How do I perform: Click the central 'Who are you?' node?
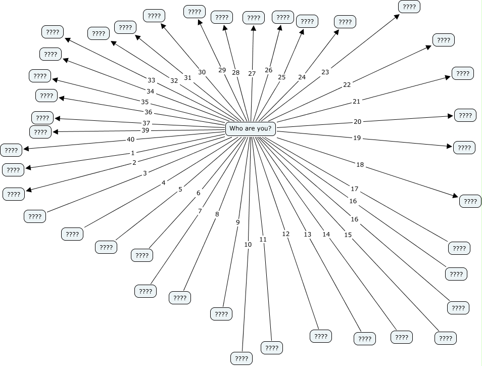(x=251, y=128)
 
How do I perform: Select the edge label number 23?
(x=325, y=72)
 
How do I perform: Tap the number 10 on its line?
(x=248, y=245)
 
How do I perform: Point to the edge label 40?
(x=130, y=140)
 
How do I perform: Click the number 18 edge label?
(x=360, y=165)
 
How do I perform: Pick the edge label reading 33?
(x=151, y=80)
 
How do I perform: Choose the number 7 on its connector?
(x=200, y=211)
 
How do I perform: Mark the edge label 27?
(x=252, y=74)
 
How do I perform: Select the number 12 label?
(x=286, y=234)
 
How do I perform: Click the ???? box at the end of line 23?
(x=409, y=7)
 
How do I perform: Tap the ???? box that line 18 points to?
(x=470, y=201)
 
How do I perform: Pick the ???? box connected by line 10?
(x=241, y=358)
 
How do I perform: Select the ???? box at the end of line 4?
(x=72, y=234)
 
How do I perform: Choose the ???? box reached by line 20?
(x=465, y=115)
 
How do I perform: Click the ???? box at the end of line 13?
(x=364, y=339)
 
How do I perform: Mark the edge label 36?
(x=148, y=112)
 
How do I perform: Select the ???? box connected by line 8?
(x=179, y=298)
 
